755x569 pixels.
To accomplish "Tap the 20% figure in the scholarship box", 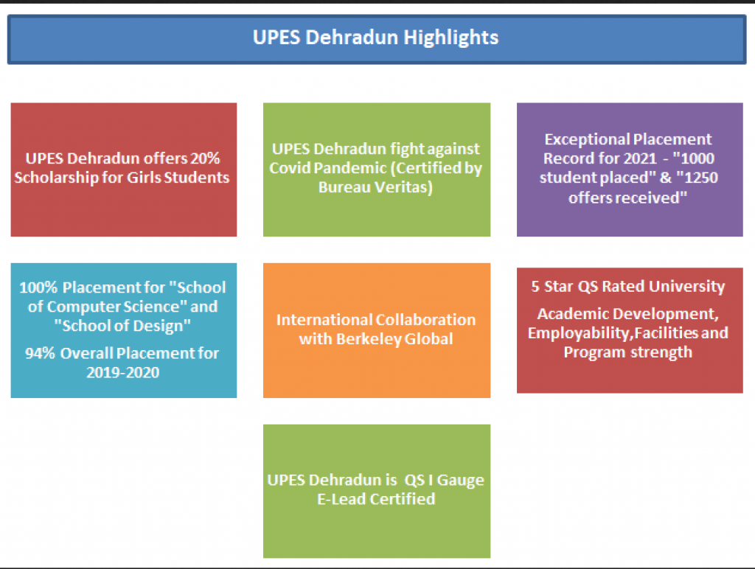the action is coord(205,158).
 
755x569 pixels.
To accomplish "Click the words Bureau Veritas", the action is coord(375,187).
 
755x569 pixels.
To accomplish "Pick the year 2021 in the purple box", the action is coord(641,158).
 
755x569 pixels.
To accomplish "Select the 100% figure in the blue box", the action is coord(38,288).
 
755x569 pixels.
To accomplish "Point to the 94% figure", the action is coord(40,353).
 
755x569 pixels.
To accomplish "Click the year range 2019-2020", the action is coord(123,373).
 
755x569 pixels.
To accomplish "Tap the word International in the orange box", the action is coord(324,320).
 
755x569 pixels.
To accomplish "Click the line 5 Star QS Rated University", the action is coord(628,287).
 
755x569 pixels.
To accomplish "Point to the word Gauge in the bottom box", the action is coord(460,481).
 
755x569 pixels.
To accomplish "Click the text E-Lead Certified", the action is coord(376,499).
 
